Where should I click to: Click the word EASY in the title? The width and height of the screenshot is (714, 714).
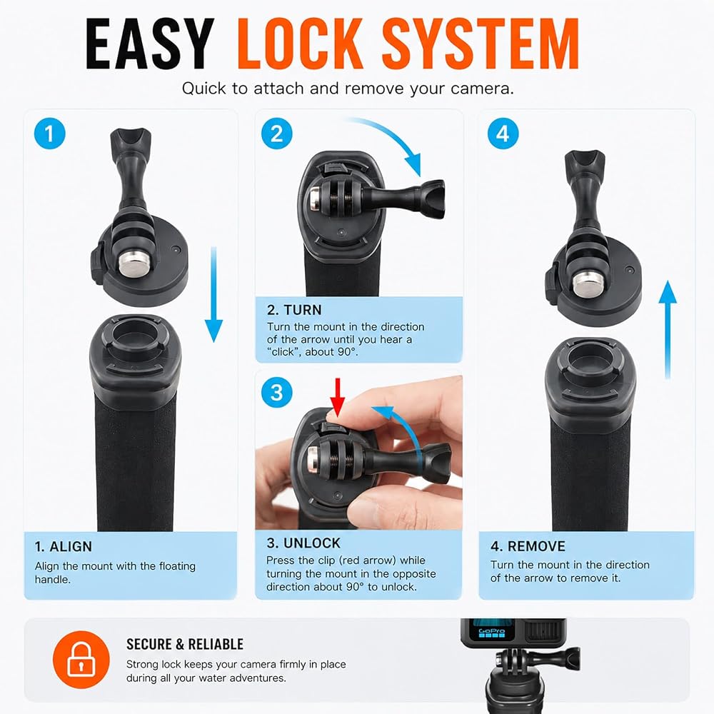150,44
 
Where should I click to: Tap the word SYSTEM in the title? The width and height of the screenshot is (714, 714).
481,44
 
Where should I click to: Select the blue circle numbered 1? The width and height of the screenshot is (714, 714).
50,134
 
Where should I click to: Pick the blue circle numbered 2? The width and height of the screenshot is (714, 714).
277,134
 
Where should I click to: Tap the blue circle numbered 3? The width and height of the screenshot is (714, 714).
277,393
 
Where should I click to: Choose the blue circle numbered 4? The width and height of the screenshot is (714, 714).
503,134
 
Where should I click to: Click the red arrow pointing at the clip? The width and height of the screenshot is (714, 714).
338,397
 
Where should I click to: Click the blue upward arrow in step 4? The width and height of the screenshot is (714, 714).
668,330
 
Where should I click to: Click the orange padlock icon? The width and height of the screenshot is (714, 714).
81,659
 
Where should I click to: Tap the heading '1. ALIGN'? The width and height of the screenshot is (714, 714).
64,546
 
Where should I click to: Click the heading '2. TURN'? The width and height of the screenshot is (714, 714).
294,310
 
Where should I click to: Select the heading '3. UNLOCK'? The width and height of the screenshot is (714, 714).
303,543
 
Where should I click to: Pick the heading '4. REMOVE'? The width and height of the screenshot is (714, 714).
528,546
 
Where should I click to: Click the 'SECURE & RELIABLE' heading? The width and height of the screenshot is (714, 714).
185,644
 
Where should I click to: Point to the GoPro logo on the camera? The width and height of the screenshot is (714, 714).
492,632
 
